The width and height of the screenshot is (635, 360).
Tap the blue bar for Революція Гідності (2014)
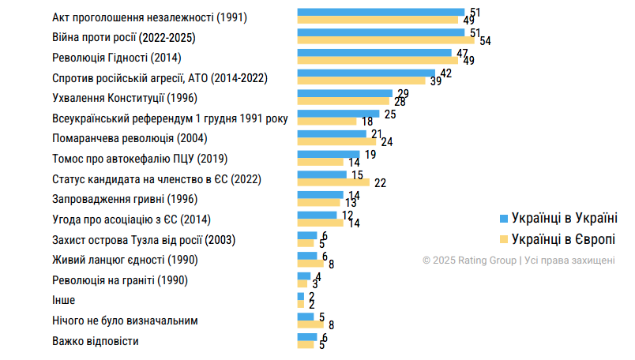(x=374, y=53)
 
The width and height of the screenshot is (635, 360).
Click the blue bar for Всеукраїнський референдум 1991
(x=338, y=114)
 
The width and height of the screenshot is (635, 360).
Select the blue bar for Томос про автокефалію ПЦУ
(x=328, y=155)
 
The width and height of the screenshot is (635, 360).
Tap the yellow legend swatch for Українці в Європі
(x=502, y=238)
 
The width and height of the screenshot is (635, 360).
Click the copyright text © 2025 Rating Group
(x=518, y=260)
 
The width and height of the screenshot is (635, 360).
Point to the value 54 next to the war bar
(x=485, y=40)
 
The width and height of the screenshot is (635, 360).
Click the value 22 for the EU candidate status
(x=380, y=182)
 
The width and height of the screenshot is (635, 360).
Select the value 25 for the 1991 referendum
(x=389, y=114)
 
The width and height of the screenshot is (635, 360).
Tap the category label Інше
(x=63, y=301)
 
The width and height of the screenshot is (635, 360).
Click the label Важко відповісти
(x=96, y=342)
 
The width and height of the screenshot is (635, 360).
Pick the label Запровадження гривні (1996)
(x=124, y=199)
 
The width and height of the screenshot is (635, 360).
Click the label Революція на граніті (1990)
(x=118, y=280)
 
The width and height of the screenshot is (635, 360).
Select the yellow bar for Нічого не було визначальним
(x=310, y=324)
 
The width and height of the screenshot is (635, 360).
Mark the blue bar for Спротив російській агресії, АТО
(x=366, y=73)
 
